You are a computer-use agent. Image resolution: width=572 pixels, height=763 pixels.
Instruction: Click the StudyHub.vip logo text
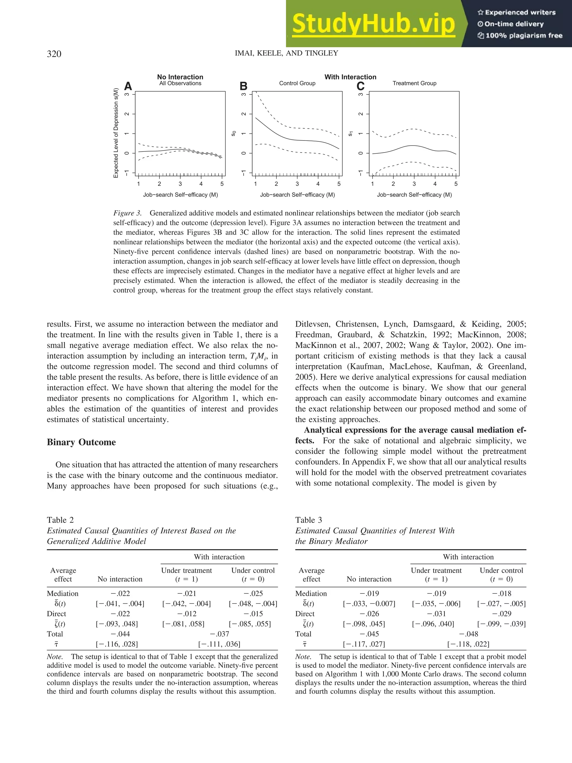(x=373, y=24)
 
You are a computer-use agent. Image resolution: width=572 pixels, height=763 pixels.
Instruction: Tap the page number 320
(x=54, y=54)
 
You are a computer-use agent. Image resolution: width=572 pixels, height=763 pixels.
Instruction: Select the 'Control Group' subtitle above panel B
(x=297, y=83)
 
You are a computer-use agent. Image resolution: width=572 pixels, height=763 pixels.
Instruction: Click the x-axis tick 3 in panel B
(x=297, y=184)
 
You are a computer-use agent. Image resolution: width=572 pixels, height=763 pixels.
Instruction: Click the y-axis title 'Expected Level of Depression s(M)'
(x=116, y=133)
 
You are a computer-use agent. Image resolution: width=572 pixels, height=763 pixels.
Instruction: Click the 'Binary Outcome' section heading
(x=81, y=442)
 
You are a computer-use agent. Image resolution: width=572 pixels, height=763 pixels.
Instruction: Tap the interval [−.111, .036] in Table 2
(x=219, y=644)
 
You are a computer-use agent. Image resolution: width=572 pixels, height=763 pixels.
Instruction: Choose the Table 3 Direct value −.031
(x=436, y=614)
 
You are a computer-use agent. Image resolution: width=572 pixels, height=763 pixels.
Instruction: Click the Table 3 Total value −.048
(x=468, y=634)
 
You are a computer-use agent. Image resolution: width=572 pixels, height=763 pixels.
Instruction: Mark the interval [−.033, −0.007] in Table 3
(x=369, y=604)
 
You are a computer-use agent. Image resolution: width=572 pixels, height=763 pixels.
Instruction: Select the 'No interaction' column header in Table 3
(x=369, y=579)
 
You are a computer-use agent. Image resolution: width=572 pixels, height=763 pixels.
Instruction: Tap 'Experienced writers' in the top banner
(x=516, y=12)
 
